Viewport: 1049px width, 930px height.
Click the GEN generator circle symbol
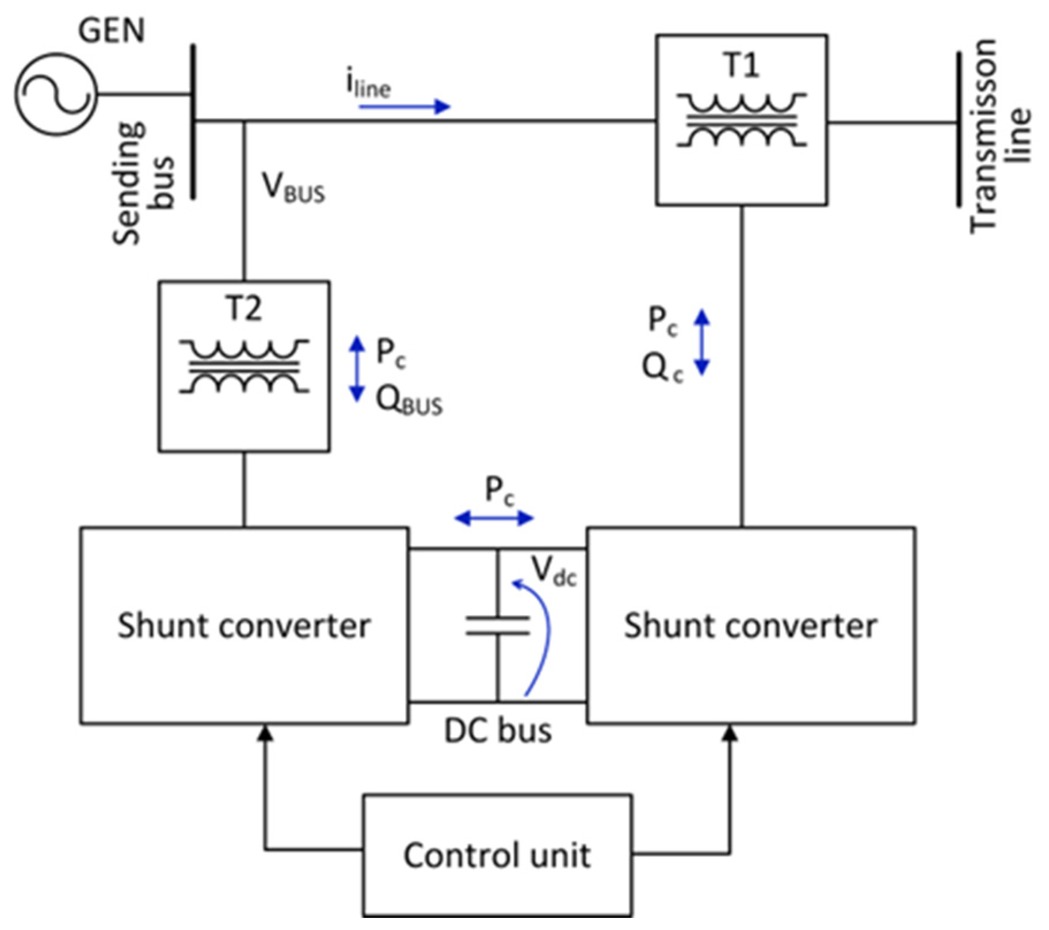pos(56,94)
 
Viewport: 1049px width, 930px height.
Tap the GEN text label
pos(111,30)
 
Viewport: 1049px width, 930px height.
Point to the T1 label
pos(741,64)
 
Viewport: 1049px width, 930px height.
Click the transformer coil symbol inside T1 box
pos(741,120)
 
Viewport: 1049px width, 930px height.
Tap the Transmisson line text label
pos(1000,136)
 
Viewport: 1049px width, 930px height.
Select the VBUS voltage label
pos(293,187)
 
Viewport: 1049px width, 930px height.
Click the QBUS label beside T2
pos(409,401)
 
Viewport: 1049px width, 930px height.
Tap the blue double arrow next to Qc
pos(701,342)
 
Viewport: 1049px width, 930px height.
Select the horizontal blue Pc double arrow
pos(494,518)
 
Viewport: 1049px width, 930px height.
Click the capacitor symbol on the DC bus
pos(498,625)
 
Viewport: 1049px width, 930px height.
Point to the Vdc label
pos(553,571)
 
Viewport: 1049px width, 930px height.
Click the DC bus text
pos(498,732)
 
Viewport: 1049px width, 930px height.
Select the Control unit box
pos(497,855)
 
